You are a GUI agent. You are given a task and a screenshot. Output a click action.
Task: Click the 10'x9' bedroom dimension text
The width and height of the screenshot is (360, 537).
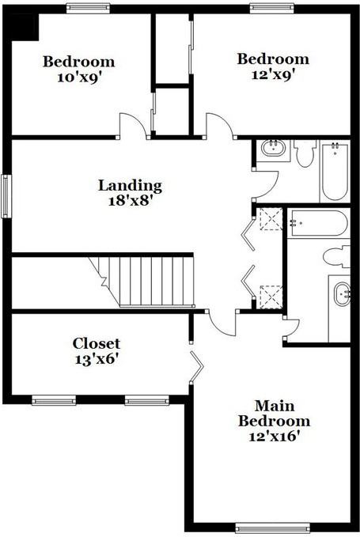point(78,78)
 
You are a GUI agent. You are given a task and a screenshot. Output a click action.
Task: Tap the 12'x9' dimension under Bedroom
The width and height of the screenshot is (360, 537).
point(273,75)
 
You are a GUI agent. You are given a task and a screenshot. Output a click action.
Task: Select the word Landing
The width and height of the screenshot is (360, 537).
point(130,186)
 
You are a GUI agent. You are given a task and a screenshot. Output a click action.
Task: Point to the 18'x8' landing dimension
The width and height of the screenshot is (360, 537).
point(130,201)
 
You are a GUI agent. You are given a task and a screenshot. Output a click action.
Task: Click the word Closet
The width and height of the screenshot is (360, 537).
point(97,343)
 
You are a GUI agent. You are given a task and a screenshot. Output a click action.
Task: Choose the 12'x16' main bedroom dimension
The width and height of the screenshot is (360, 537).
point(274,435)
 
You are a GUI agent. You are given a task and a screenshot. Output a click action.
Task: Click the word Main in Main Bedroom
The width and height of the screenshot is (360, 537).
point(274,405)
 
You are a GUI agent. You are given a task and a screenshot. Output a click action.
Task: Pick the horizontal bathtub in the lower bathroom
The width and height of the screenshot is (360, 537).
point(317,222)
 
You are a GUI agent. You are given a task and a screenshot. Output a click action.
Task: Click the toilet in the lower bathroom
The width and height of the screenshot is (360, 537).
point(338,255)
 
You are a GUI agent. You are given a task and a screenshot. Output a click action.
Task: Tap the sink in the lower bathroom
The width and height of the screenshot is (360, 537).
point(342,293)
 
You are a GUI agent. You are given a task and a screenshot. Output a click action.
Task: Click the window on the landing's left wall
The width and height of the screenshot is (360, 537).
point(6,195)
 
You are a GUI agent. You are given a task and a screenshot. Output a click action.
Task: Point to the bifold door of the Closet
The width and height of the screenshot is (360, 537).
point(196,368)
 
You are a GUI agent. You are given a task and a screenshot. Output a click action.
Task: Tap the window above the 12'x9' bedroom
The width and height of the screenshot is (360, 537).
point(272,8)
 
